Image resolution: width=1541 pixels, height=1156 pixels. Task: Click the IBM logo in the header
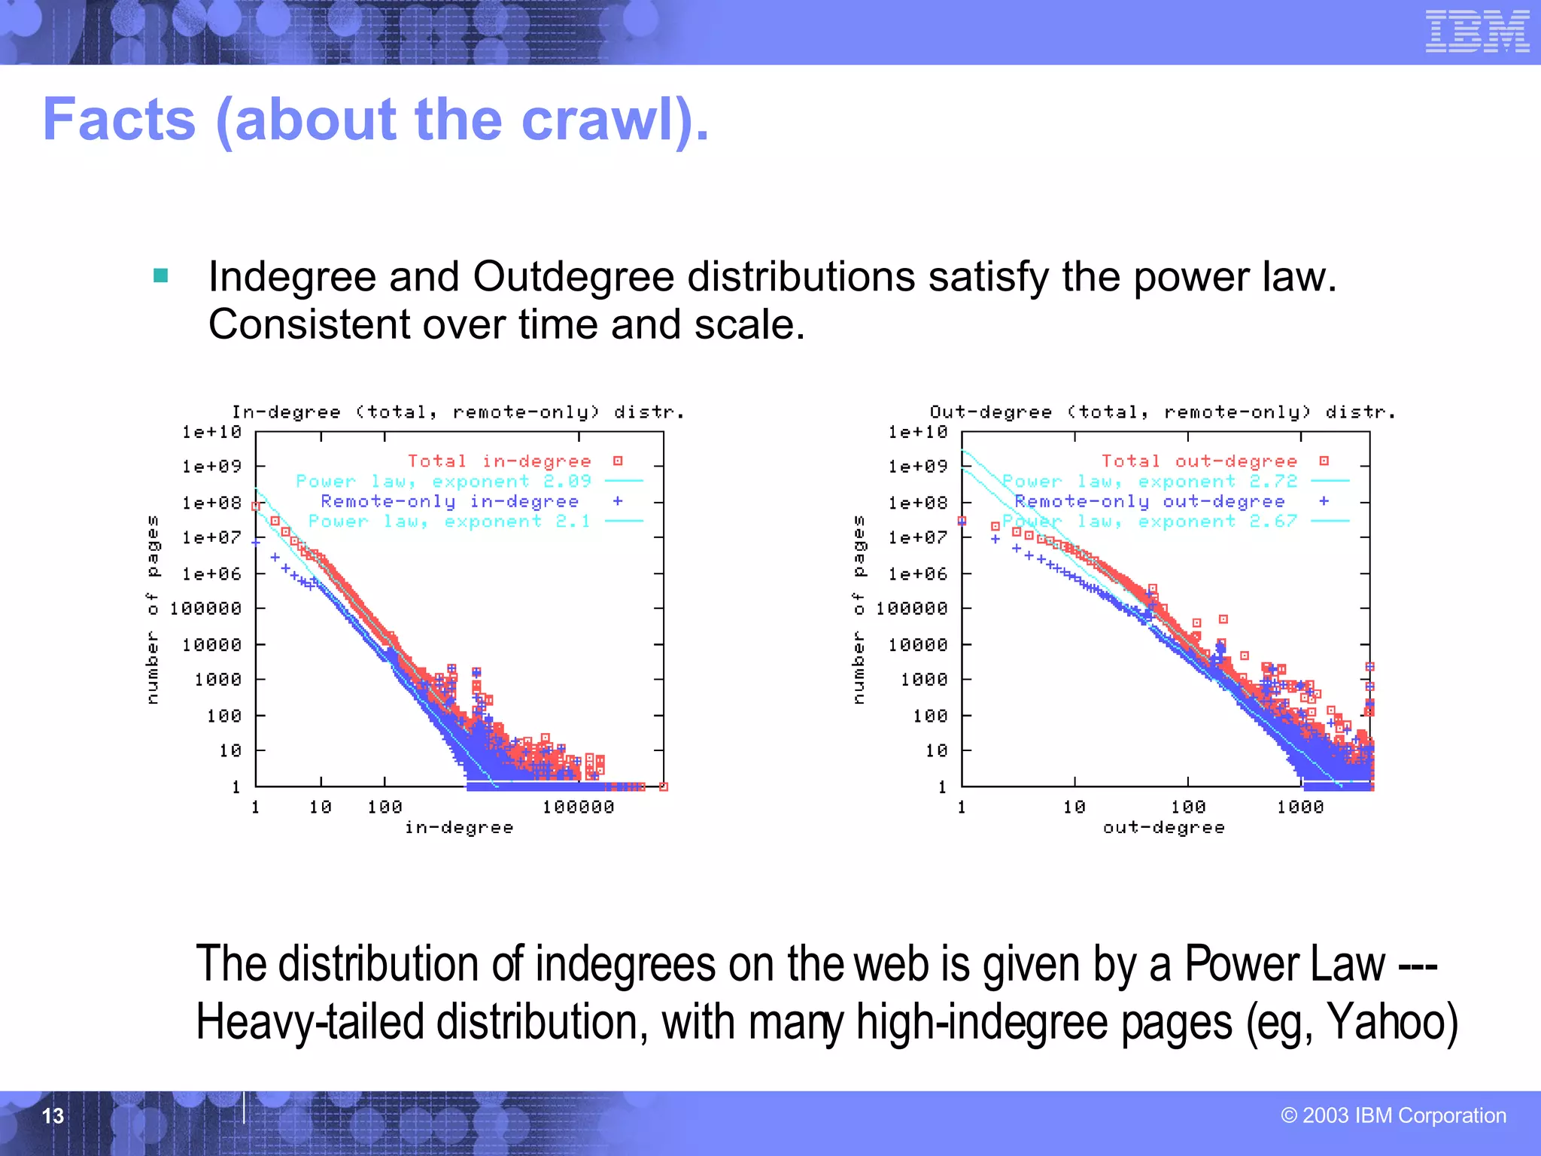[1476, 32]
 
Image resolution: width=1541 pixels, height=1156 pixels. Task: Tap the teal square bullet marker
[160, 275]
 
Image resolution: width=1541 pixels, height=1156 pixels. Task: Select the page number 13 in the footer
[53, 1115]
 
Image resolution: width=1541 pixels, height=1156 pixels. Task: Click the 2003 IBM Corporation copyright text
[1394, 1115]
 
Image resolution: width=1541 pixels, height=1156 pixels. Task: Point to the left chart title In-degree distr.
[457, 412]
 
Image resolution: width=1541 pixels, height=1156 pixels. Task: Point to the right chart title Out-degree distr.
[1162, 412]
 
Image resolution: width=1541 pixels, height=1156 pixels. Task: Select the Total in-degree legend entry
[500, 461]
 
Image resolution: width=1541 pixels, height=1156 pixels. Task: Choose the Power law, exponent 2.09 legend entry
[444, 481]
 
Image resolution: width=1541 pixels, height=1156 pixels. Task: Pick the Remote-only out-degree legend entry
[1150, 501]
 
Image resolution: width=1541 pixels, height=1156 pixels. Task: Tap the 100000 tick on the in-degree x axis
[578, 807]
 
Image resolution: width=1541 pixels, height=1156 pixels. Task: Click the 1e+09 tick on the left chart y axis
[212, 467]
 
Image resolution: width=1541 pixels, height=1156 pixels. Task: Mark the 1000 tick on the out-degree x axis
[1299, 807]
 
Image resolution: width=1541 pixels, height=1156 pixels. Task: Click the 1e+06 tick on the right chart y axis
[918, 573]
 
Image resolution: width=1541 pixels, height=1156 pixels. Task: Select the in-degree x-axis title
[459, 827]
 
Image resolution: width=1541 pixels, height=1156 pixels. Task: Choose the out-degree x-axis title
[1163, 827]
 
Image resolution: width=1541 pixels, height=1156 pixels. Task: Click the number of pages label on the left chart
[153, 610]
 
